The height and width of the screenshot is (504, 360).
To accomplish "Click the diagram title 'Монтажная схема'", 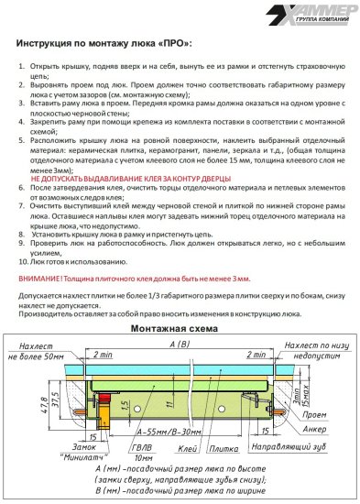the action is coord(180,329).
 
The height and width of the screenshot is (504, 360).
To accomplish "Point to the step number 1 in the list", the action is coord(22,67).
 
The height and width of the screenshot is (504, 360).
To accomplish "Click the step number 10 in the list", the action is coord(24,260).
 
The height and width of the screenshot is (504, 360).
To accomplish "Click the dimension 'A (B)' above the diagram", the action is coord(180,343).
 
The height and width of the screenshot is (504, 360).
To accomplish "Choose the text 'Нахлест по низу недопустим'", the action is coord(314,348).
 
